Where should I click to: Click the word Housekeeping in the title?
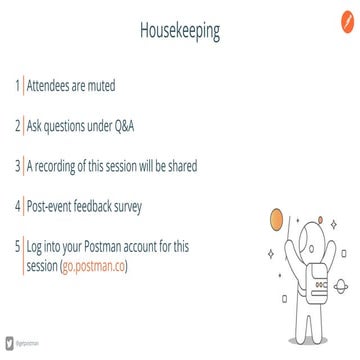click(x=180, y=32)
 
